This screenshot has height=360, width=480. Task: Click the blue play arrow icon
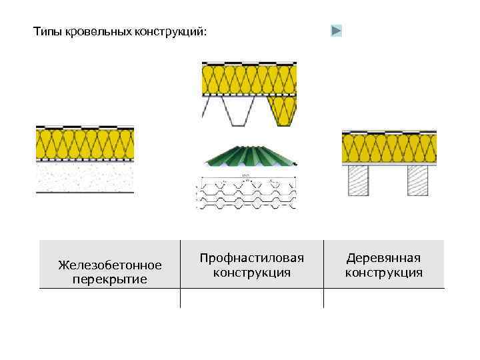(337, 31)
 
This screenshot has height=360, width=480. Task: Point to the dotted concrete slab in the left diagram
(85, 178)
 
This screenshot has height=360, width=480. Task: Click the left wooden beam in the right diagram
(358, 180)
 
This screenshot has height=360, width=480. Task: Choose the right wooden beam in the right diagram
(418, 180)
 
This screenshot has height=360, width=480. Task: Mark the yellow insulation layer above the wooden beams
(389, 148)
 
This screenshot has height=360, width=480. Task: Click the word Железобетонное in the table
(109, 265)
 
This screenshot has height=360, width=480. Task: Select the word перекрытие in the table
(109, 279)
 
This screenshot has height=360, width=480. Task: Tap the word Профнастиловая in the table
(251, 258)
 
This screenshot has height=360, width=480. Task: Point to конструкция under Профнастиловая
(251, 272)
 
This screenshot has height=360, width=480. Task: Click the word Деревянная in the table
(383, 258)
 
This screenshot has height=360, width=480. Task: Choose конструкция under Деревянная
(383, 272)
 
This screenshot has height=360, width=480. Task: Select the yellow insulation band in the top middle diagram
(249, 79)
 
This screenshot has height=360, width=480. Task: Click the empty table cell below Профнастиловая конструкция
(251, 298)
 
